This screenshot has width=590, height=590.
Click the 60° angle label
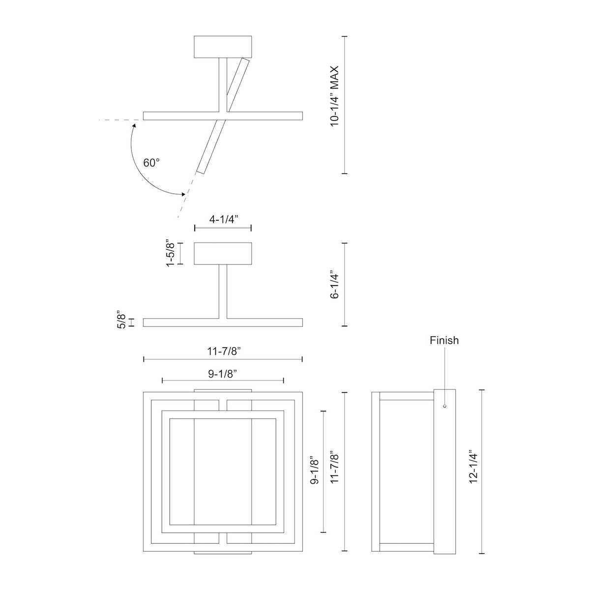pyautogui.click(x=151, y=163)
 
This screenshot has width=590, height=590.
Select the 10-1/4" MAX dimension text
pyautogui.click(x=335, y=96)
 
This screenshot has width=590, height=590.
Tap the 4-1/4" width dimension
pyautogui.click(x=224, y=219)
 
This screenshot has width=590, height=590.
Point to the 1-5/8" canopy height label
pyautogui.click(x=171, y=254)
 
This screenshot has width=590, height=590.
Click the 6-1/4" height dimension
pyautogui.click(x=335, y=285)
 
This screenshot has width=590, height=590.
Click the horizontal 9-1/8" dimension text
pyautogui.click(x=223, y=374)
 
